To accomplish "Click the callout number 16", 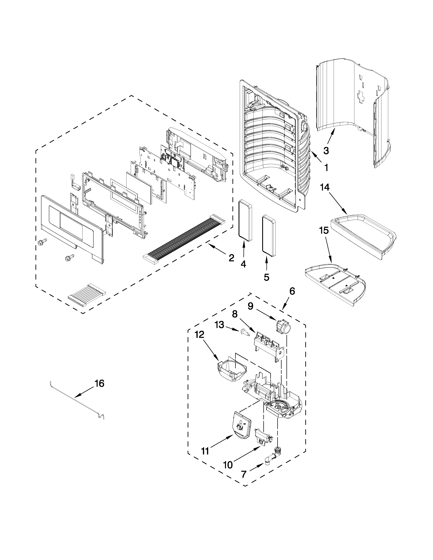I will pos(100,391).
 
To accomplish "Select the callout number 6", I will pos(292,291).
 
